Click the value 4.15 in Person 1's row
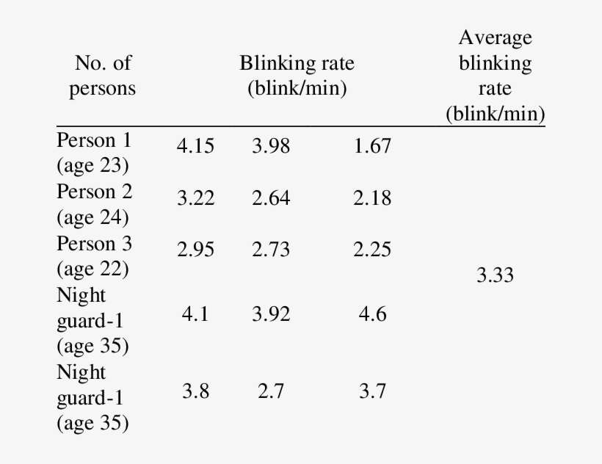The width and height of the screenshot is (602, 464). coord(195,146)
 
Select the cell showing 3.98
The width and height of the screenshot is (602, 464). coord(271,146)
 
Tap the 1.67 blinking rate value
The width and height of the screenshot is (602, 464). coord(372,146)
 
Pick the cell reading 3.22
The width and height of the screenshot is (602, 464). coord(195,198)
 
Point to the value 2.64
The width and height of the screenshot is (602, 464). coord(271,198)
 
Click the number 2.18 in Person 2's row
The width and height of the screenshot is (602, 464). coord(372,198)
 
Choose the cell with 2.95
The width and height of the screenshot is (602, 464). coord(195,250)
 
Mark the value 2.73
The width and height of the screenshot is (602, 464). coord(271,250)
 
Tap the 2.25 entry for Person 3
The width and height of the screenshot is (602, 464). coord(372,250)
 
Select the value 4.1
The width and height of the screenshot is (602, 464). coord(195,314)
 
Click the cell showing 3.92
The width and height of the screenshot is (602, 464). coord(271,314)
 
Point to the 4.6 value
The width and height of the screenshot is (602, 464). coord(372,314)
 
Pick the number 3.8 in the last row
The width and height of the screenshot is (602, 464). coord(195,391)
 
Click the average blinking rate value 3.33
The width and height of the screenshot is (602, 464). coord(495,275)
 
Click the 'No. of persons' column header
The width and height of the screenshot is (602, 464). coord(103,76)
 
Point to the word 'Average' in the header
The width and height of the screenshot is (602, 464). coord(496,37)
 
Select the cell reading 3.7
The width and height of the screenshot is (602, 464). coord(372,391)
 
